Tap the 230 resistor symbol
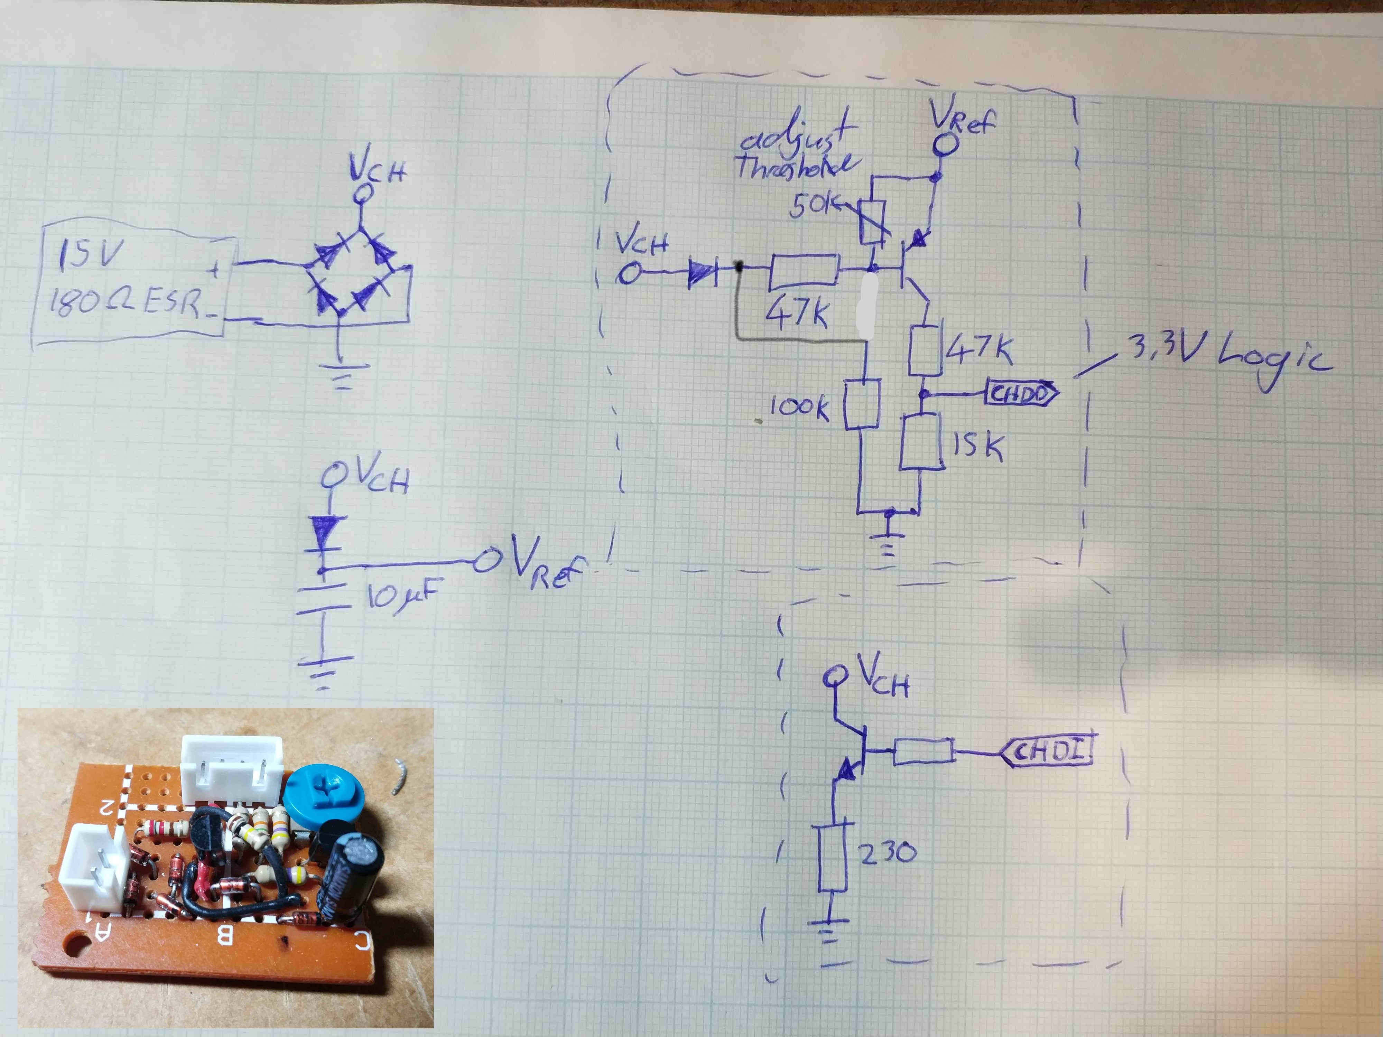coord(833,858)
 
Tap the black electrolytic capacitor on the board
coord(347,875)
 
